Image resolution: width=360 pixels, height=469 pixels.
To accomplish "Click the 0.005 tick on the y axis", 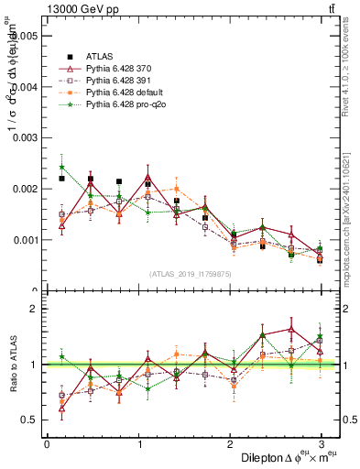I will pyautogui.click(x=24, y=36).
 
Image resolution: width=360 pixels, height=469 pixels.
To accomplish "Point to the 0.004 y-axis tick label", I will pyautogui.click(x=24, y=87).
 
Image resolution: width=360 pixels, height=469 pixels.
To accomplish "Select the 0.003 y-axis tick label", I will pyautogui.click(x=24, y=138).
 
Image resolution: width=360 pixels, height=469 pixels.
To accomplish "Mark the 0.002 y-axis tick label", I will pyautogui.click(x=24, y=189).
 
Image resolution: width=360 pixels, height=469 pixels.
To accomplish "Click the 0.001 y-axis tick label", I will pyautogui.click(x=24, y=240).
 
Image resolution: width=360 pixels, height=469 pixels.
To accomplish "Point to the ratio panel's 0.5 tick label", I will pyautogui.click(x=27, y=420).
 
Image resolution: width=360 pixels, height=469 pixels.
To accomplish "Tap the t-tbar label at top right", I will pyautogui.click(x=329, y=10).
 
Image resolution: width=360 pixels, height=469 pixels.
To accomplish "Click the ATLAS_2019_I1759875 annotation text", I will pyautogui.click(x=190, y=273).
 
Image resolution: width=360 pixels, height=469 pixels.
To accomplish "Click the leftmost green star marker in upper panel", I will pyautogui.click(x=61, y=168).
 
